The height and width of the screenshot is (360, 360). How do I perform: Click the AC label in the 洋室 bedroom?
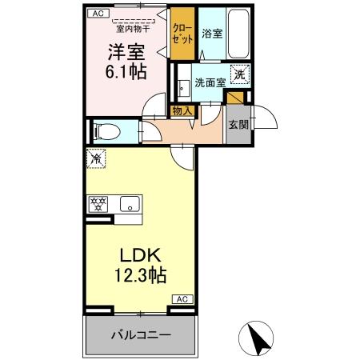pos(96,14)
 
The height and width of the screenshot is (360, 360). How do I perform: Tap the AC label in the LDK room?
pos(181,298)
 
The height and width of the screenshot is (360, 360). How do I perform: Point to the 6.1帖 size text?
pos(126,70)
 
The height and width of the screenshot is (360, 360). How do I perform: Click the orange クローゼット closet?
pos(183,35)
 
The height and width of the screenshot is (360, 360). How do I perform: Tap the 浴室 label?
pos(211,34)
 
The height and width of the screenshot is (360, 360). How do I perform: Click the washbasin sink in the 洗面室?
pos(184,82)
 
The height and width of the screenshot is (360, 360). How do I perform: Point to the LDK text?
pos(142,256)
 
